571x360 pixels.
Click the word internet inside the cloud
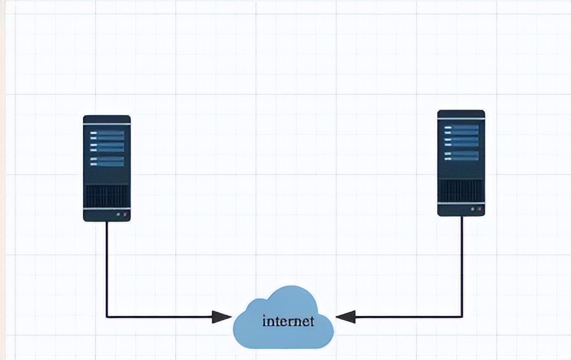[288, 321]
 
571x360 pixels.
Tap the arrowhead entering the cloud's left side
[222, 317]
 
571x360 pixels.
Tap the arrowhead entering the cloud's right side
[345, 317]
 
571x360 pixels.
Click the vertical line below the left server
[107, 268]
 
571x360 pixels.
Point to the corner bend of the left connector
[107, 317]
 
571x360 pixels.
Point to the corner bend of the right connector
[461, 317]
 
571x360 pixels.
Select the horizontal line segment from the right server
[408, 317]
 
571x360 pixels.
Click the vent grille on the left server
[107, 195]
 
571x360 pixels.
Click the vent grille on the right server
[461, 190]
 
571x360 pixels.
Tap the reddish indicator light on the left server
[125, 215]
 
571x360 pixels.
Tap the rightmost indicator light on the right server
[479, 209]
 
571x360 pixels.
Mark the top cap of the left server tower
[107, 119]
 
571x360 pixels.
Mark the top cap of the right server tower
[461, 114]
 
